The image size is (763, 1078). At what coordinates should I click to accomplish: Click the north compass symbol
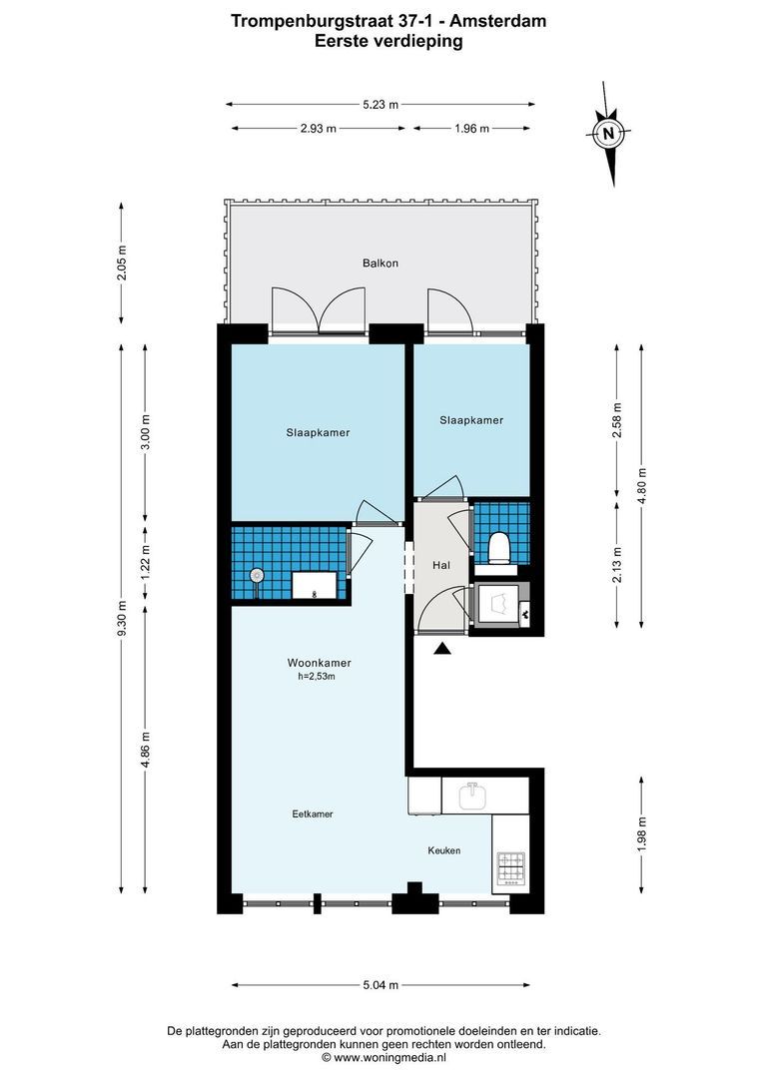tap(607, 134)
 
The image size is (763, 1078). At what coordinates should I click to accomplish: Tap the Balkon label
tap(381, 264)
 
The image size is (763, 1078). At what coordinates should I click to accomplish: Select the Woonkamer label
tap(319, 663)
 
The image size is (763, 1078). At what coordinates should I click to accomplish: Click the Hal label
tap(440, 566)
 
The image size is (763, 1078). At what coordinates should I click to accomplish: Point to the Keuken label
tap(444, 850)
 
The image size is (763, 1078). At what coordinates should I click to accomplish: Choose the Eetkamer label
tap(313, 814)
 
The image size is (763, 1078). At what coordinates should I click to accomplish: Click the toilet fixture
tap(499, 548)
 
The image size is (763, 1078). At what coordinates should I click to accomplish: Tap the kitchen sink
tap(473, 797)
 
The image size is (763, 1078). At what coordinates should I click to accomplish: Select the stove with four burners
tap(510, 866)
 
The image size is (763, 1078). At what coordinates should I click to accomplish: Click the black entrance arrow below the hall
tap(441, 650)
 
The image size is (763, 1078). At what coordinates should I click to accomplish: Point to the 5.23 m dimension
tap(381, 104)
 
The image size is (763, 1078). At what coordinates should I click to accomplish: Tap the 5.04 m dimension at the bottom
tap(381, 985)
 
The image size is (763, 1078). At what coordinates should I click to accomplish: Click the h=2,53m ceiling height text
tap(317, 678)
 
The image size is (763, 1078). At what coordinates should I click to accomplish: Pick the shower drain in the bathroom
tap(258, 575)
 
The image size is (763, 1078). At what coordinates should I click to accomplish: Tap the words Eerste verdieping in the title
tap(387, 41)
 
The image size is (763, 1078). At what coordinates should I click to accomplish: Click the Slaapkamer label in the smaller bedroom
tap(471, 421)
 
